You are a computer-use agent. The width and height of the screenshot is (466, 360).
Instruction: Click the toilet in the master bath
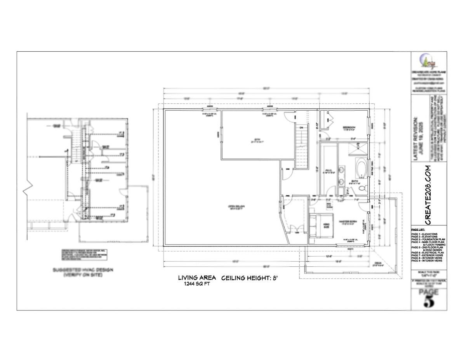(x=362, y=188)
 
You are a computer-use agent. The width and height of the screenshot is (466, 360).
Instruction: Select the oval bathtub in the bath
(x=361, y=167)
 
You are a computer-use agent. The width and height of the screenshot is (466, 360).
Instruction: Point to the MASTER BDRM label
(x=348, y=221)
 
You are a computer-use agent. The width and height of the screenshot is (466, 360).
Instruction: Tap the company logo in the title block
(x=428, y=62)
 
